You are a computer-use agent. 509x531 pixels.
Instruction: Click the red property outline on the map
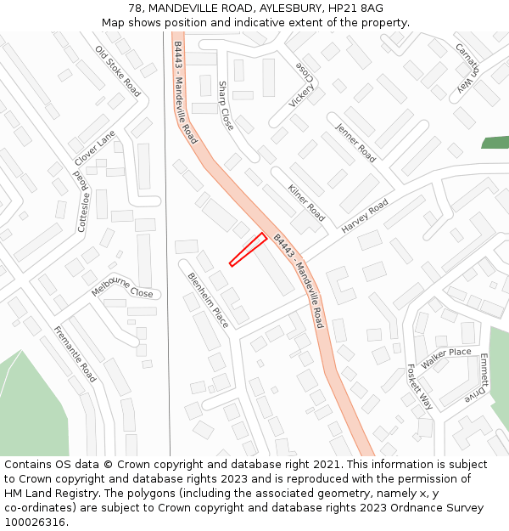[248, 250]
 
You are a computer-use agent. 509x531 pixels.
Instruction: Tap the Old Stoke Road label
[118, 71]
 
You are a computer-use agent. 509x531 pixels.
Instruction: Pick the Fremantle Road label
[76, 353]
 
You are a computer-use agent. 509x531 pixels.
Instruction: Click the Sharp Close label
[225, 105]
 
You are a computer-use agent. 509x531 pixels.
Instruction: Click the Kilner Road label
[306, 202]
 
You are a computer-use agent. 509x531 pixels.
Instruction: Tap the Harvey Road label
[365, 217]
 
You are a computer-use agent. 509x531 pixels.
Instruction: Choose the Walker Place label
[445, 358]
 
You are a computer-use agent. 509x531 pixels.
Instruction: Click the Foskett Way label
[420, 387]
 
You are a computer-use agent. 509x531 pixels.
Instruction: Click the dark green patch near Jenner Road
[495, 142]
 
